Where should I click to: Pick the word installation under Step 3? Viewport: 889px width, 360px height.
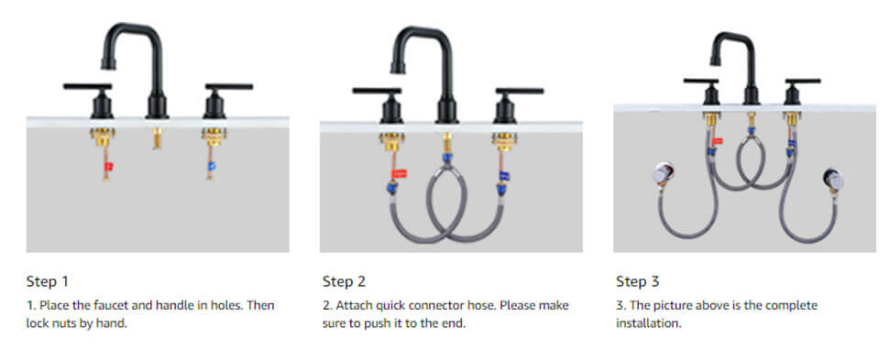click(648, 323)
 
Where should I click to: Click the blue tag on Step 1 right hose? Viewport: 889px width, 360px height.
click(212, 169)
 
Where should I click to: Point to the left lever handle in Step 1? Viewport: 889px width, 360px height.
click(88, 88)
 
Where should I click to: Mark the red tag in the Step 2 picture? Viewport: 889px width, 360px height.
click(399, 172)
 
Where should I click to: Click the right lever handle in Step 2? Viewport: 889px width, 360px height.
click(517, 92)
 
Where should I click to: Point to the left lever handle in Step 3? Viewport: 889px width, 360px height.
click(702, 82)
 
